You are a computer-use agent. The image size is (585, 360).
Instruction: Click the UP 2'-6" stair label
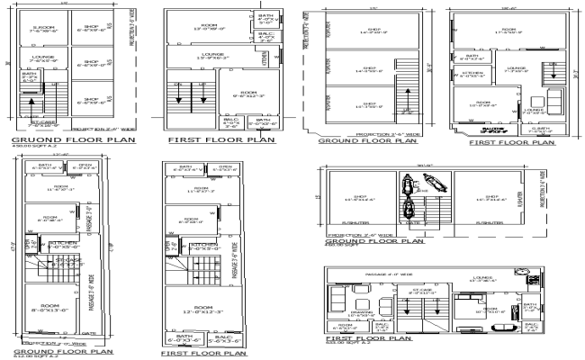click(x=408, y=111)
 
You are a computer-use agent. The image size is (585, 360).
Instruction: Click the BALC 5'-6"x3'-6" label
click(x=223, y=339)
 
